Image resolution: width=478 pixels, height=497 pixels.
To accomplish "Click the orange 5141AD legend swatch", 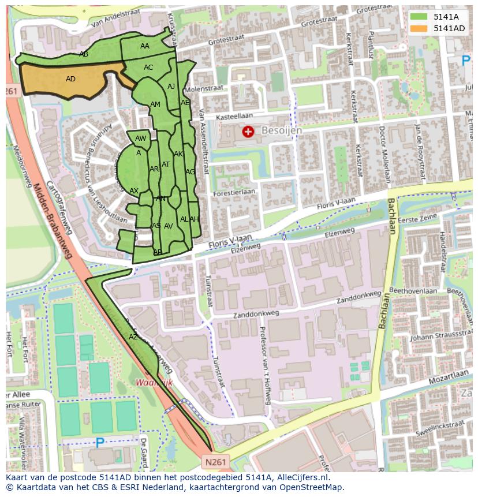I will click(x=420, y=28).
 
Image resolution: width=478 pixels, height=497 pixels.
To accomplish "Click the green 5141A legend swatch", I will click(x=420, y=17).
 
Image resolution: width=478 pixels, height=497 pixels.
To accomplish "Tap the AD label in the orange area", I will click(x=71, y=79).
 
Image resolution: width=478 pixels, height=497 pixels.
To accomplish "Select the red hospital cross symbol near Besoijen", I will click(x=248, y=132).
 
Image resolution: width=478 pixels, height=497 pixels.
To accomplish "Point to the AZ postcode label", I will click(x=133, y=337).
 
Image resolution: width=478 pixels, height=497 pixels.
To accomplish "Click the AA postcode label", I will click(x=145, y=46).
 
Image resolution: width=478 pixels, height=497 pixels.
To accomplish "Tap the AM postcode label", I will click(x=155, y=104).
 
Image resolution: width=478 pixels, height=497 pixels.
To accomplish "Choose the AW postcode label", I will click(x=140, y=139).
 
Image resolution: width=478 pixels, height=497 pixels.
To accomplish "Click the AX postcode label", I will click(x=134, y=191).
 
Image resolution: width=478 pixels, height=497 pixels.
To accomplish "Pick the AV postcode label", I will click(x=169, y=226).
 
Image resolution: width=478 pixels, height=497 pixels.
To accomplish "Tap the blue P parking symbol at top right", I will click(x=466, y=60).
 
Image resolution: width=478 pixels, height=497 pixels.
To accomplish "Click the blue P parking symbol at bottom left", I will click(x=100, y=443).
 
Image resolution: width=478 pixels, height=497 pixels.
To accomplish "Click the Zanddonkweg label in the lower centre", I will click(x=256, y=315).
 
